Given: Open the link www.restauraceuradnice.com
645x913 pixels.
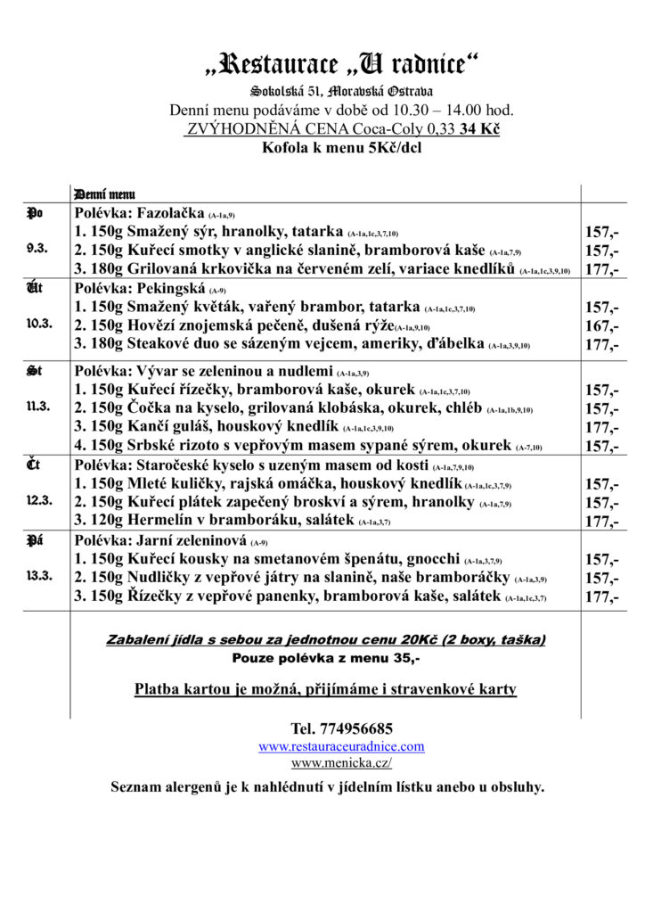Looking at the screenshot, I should pyautogui.click(x=341, y=746).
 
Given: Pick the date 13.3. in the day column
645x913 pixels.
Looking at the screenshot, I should pyautogui.click(x=39, y=576).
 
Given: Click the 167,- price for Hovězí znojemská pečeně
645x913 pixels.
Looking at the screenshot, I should pyautogui.click(x=601, y=325).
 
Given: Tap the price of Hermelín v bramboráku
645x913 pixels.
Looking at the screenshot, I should pyautogui.click(x=601, y=521).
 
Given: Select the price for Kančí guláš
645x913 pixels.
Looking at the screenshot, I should pyautogui.click(x=601, y=427).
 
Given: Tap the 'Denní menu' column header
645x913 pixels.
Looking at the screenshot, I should pyautogui.click(x=105, y=193).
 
